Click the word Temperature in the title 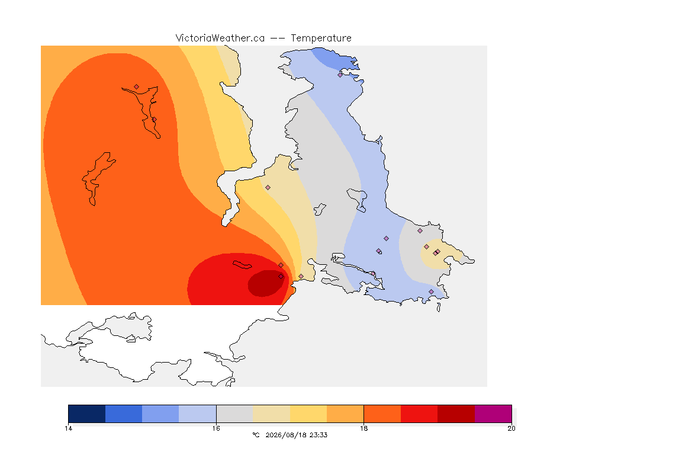(x=321, y=39)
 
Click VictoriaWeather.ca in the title (x=220, y=38)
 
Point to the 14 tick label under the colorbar (x=68, y=428)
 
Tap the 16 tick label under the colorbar (x=216, y=428)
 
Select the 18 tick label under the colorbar (x=363, y=428)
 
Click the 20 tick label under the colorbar (x=511, y=428)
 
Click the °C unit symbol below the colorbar (x=256, y=435)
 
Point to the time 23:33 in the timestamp (x=319, y=435)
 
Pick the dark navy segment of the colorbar (x=87, y=414)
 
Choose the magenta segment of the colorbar (x=493, y=414)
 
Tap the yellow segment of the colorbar (x=308, y=414)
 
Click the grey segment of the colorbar (x=234, y=414)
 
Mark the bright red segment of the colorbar (x=419, y=414)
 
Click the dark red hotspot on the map (x=265, y=283)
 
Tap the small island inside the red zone (x=242, y=265)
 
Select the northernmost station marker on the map (x=340, y=75)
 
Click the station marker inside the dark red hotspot (x=281, y=277)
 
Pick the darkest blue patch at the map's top (x=335, y=59)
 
